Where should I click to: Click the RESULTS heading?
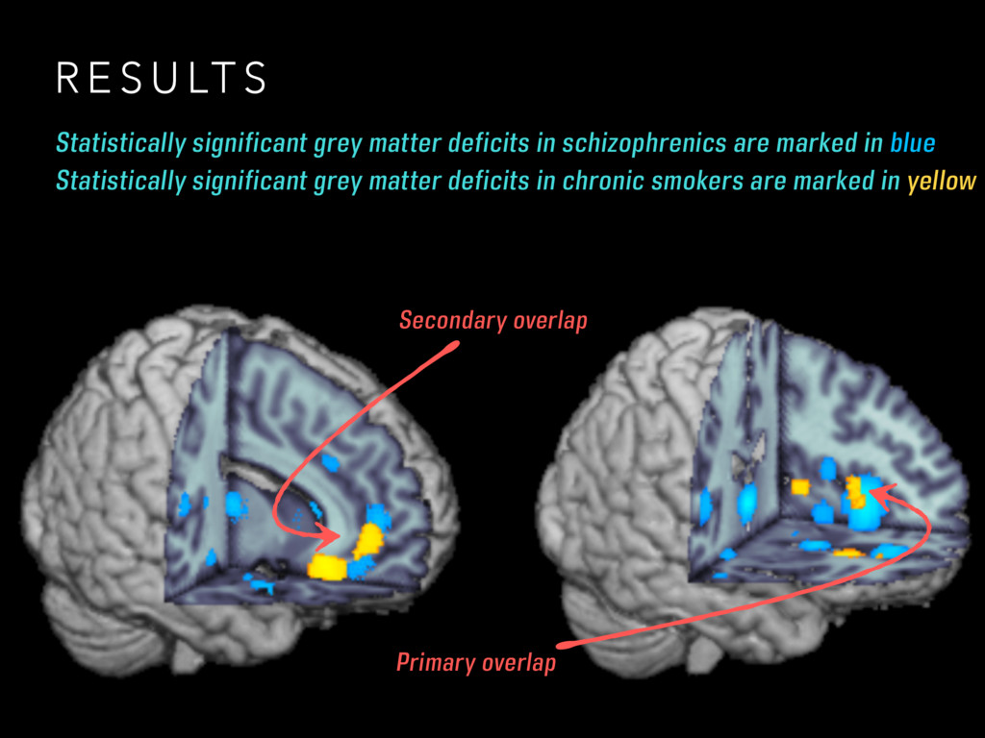coord(161,79)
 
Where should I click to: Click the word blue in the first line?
coord(912,144)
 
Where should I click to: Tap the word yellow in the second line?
coord(941,180)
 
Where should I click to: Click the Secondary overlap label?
coord(492,320)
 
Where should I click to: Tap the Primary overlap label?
coord(475,662)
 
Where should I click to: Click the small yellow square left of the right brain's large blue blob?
coord(800,487)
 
